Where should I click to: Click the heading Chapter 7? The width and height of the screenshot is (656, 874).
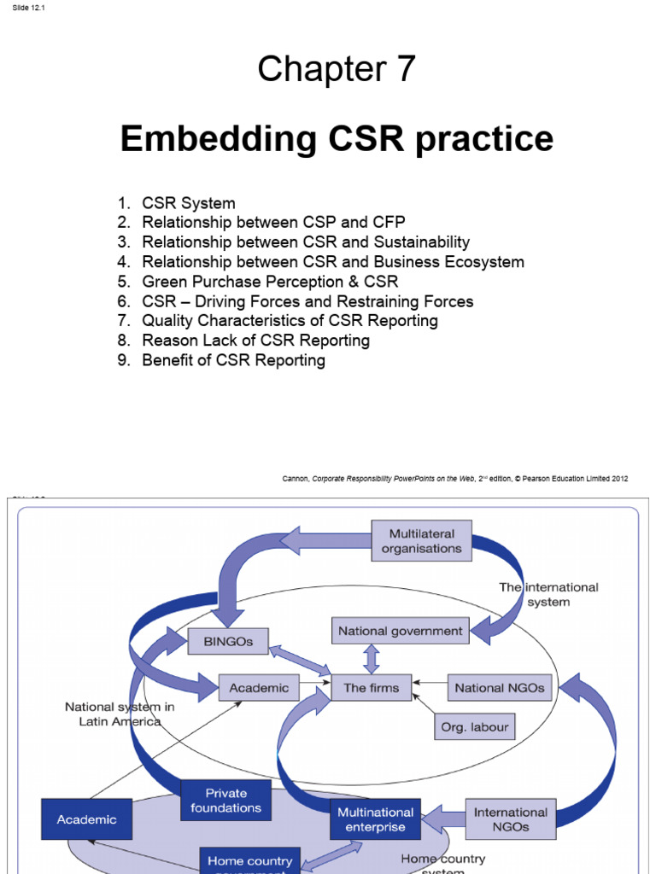[x=337, y=69]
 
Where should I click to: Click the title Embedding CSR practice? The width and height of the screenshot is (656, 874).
[x=337, y=138]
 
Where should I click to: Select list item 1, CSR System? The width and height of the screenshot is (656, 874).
[x=189, y=203]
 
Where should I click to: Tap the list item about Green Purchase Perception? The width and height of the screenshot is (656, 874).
[x=270, y=282]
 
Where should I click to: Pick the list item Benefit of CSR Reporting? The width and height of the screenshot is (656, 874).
[x=233, y=360]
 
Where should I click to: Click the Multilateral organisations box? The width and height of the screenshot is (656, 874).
[x=421, y=541]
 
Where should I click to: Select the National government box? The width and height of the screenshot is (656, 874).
[x=400, y=632]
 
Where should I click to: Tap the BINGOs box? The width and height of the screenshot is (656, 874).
[x=228, y=641]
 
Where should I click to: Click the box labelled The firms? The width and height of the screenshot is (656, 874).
[x=372, y=688]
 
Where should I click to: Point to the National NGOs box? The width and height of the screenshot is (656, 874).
[x=500, y=688]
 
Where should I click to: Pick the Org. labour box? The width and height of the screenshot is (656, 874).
[x=474, y=727]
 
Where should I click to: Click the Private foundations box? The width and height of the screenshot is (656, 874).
[x=226, y=801]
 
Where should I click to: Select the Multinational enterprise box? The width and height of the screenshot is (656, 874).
[x=376, y=819]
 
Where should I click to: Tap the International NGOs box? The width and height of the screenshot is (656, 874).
[x=510, y=819]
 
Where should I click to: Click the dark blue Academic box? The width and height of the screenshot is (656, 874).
[x=86, y=819]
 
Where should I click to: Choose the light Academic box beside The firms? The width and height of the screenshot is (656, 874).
[x=260, y=688]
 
